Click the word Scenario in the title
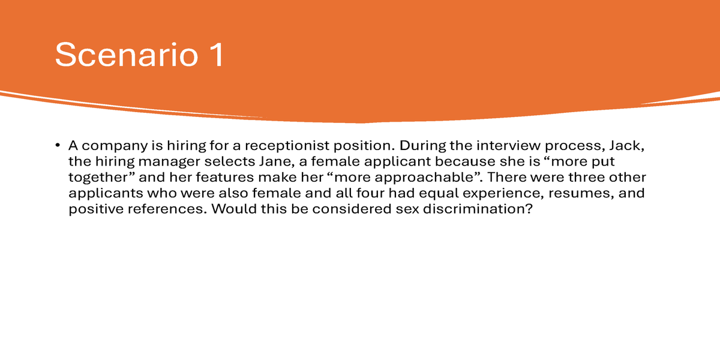tap(127, 55)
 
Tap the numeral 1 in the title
tap(217, 55)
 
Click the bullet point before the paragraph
tap(58, 145)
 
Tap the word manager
tap(169, 162)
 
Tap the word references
tap(167, 209)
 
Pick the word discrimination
tap(478, 209)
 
